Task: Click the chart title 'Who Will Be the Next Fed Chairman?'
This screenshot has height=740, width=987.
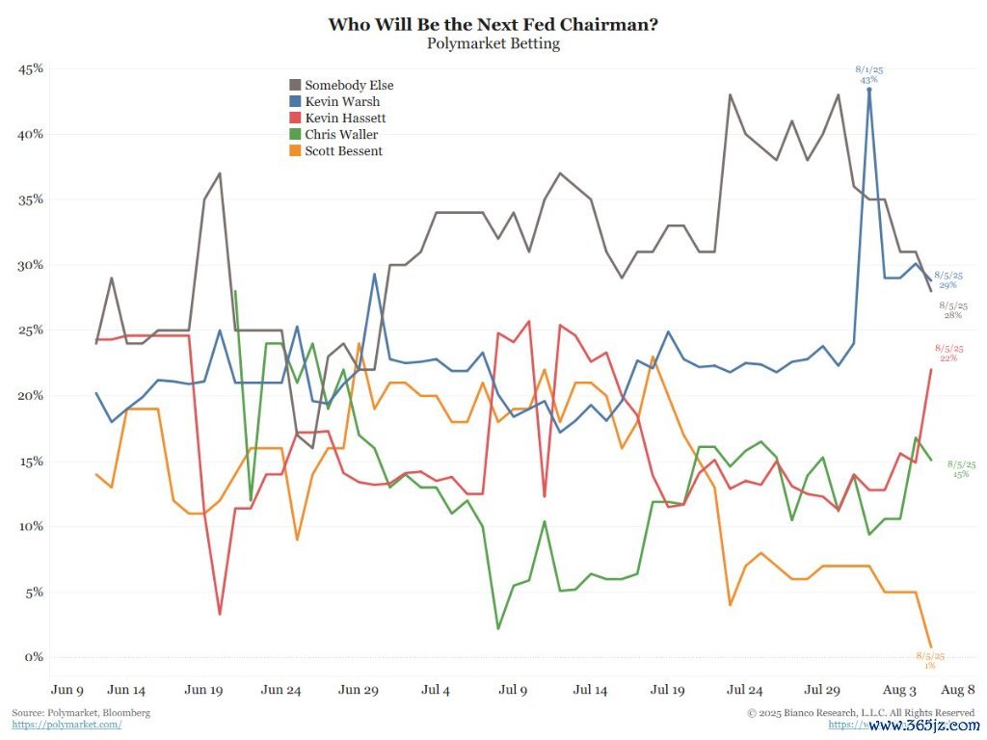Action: click(x=493, y=24)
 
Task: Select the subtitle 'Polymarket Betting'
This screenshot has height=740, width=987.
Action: click(x=493, y=43)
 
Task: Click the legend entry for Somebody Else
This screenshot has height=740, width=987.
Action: click(x=348, y=85)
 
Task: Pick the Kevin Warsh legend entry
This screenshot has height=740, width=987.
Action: click(x=341, y=101)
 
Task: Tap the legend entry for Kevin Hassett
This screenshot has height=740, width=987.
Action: click(x=345, y=118)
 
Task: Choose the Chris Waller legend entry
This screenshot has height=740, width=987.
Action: click(x=341, y=134)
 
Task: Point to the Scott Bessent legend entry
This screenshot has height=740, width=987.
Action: click(x=343, y=150)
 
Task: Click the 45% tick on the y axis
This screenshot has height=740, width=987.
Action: click(x=32, y=69)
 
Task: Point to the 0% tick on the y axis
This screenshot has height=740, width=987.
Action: click(x=35, y=657)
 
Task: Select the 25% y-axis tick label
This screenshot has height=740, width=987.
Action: click(x=32, y=330)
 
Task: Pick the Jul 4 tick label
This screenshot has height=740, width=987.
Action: click(x=436, y=690)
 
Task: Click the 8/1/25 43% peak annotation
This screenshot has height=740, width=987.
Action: click(x=869, y=74)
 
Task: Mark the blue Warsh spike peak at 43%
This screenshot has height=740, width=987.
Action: click(x=869, y=90)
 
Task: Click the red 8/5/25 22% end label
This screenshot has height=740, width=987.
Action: click(x=948, y=354)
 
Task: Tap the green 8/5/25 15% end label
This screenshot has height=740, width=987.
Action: click(x=961, y=469)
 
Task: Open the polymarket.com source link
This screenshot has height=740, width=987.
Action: click(x=67, y=725)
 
